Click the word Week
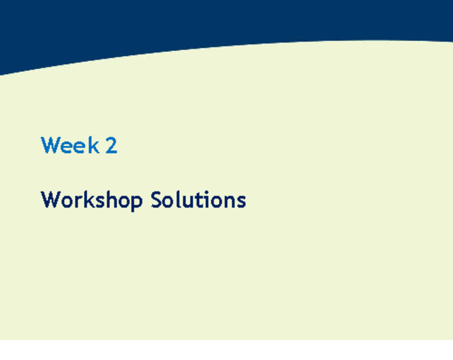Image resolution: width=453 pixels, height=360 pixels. pyautogui.click(x=70, y=145)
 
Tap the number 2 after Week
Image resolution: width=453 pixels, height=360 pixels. pyautogui.click(x=111, y=145)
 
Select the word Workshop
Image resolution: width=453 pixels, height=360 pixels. pyautogui.click(x=91, y=200)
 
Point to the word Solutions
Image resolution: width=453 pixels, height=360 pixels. pyautogui.click(x=198, y=200)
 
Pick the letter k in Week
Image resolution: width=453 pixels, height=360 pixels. pyautogui.click(x=93, y=145)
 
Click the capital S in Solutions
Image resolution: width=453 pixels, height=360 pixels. pyautogui.click(x=157, y=200)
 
